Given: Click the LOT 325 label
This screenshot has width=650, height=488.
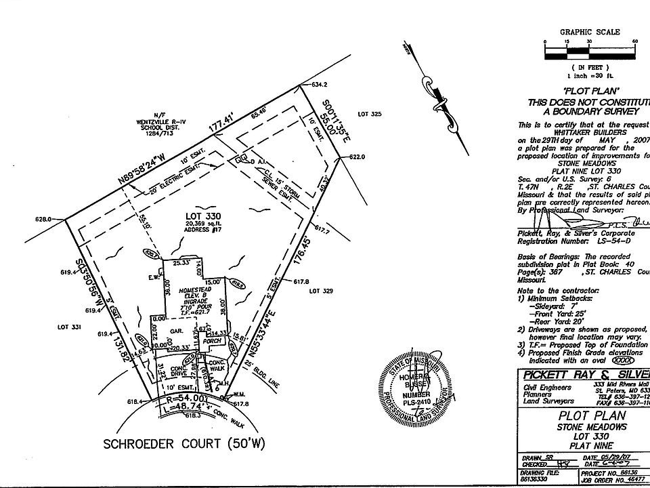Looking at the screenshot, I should pyautogui.click(x=371, y=114).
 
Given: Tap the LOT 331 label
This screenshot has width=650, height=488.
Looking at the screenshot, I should pyautogui.click(x=70, y=327).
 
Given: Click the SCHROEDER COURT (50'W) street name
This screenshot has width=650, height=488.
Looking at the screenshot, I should pyautogui.click(x=175, y=445).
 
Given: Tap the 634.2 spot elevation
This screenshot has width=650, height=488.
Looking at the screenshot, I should pyautogui.click(x=320, y=85).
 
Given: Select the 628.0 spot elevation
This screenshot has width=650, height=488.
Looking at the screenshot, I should pyautogui.click(x=43, y=219).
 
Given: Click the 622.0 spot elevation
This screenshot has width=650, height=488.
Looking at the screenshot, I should pyautogui.click(x=357, y=157).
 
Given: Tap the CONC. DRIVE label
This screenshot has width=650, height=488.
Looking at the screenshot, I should pyautogui.click(x=178, y=371).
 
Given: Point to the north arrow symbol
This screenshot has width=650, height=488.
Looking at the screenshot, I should pyautogui.click(x=439, y=95).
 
